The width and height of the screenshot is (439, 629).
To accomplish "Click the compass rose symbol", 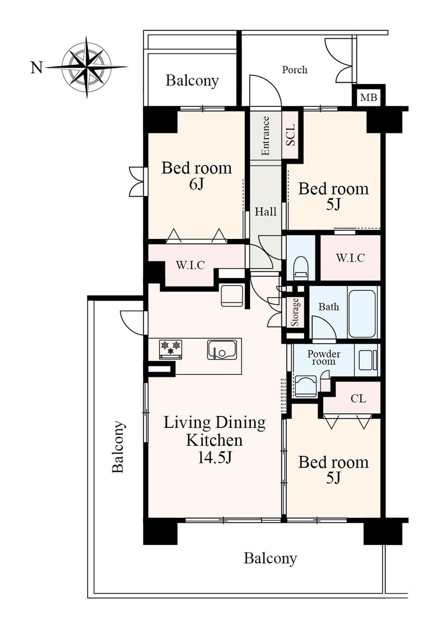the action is tap(86, 67).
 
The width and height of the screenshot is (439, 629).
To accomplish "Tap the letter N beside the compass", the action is tap(36, 68).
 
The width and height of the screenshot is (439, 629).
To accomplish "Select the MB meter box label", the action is tap(368, 97).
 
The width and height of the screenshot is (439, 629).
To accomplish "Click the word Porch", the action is tap(295, 70).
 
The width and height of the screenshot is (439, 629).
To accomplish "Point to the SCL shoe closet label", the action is tap(291, 135).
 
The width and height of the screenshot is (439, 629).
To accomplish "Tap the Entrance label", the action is tap(265, 136).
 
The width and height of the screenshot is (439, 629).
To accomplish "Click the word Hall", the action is tap(266, 212).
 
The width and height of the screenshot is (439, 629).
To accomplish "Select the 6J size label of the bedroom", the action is tap(196, 184).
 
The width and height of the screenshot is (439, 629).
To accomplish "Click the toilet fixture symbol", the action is tap(301, 268).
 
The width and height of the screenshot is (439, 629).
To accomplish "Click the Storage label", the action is tap(295, 312).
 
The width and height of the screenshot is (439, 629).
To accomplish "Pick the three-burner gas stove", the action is tap(170, 349).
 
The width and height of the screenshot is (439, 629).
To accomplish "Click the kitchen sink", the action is tap(222, 349).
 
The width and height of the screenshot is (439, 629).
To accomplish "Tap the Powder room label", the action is tap(324, 357).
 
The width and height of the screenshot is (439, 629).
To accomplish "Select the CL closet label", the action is tap(358, 399).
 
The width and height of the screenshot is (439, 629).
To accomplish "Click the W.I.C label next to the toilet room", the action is tap(350, 258).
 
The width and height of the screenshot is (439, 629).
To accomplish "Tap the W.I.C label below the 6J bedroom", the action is tap(191, 265).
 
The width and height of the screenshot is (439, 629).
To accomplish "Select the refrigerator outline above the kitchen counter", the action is tap(232, 296).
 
